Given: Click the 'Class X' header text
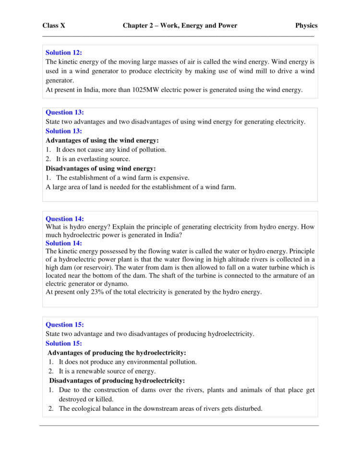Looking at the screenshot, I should (54, 25).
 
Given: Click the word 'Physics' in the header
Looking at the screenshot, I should (306, 25).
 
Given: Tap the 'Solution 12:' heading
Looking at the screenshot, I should (64, 52).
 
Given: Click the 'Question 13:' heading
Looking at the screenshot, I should (65, 112).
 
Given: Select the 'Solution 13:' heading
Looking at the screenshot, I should (64, 131).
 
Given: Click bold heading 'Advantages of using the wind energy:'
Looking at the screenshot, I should (102, 140).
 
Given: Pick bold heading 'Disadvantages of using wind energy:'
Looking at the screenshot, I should (101, 168).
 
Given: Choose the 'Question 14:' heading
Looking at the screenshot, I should (65, 219).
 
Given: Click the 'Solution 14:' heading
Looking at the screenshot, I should (64, 243).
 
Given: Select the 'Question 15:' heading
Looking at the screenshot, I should (65, 324).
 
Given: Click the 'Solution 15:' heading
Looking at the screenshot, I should (64, 343).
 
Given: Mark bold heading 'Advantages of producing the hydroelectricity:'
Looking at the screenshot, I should (117, 353).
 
